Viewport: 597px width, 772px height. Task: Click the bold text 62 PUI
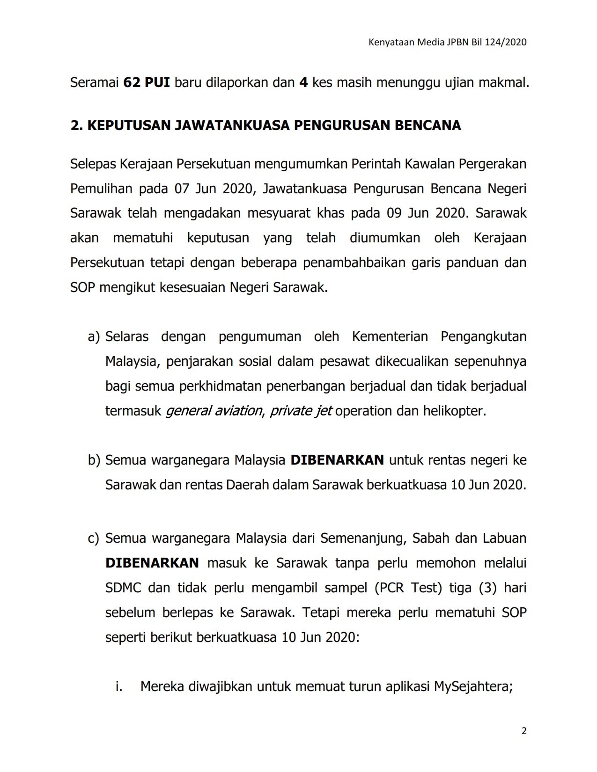[146, 83]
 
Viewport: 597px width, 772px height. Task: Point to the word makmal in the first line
[505, 83]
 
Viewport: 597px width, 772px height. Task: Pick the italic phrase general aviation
[214, 411]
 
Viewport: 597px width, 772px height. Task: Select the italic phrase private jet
[301, 411]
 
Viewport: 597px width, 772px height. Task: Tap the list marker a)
[94, 337]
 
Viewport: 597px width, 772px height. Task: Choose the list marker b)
[94, 460]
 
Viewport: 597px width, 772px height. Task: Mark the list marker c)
[94, 539]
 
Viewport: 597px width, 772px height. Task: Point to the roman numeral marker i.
[119, 687]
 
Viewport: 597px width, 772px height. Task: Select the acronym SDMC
[123, 588]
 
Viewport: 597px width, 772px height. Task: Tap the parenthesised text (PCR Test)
[408, 588]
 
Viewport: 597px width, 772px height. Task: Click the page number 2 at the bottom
[524, 731]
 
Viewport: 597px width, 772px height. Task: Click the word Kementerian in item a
[390, 337]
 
